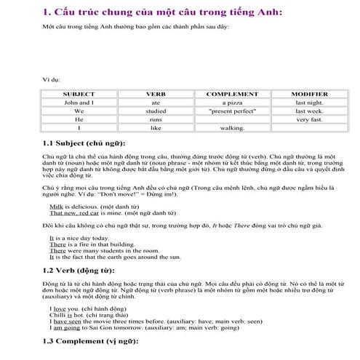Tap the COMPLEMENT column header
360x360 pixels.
(x=232, y=95)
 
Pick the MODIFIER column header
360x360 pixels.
(x=309, y=95)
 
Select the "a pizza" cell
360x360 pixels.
(x=232, y=103)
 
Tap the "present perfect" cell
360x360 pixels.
(x=232, y=111)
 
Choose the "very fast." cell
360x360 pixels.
(x=309, y=119)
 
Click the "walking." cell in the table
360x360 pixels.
(x=232, y=128)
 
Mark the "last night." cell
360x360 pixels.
(x=309, y=103)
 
